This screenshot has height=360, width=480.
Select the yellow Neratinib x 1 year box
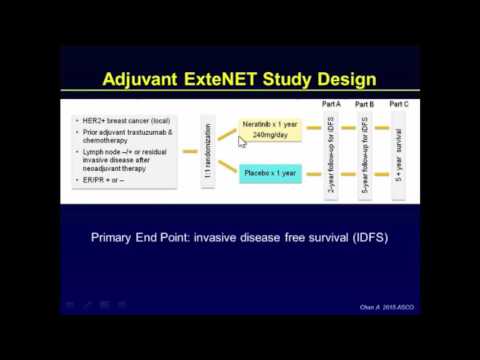(x=275, y=131)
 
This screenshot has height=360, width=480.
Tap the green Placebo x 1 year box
(x=271, y=173)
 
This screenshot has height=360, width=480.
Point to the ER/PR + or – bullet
(x=108, y=181)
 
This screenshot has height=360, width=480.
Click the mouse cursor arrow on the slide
(x=241, y=141)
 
